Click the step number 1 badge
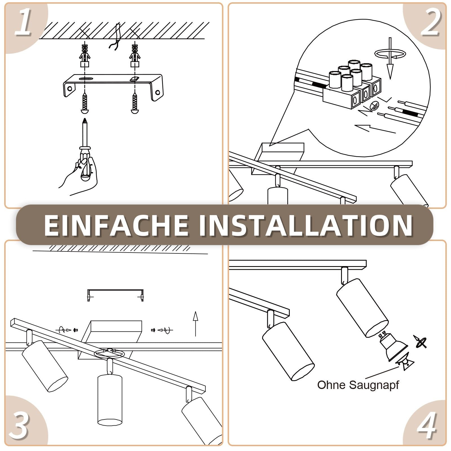[x=23, y=24]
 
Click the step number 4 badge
[x=427, y=426]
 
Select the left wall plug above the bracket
[x=85, y=55]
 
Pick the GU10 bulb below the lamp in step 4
[x=393, y=348]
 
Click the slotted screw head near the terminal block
[x=375, y=106]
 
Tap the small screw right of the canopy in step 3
[x=153, y=330]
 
